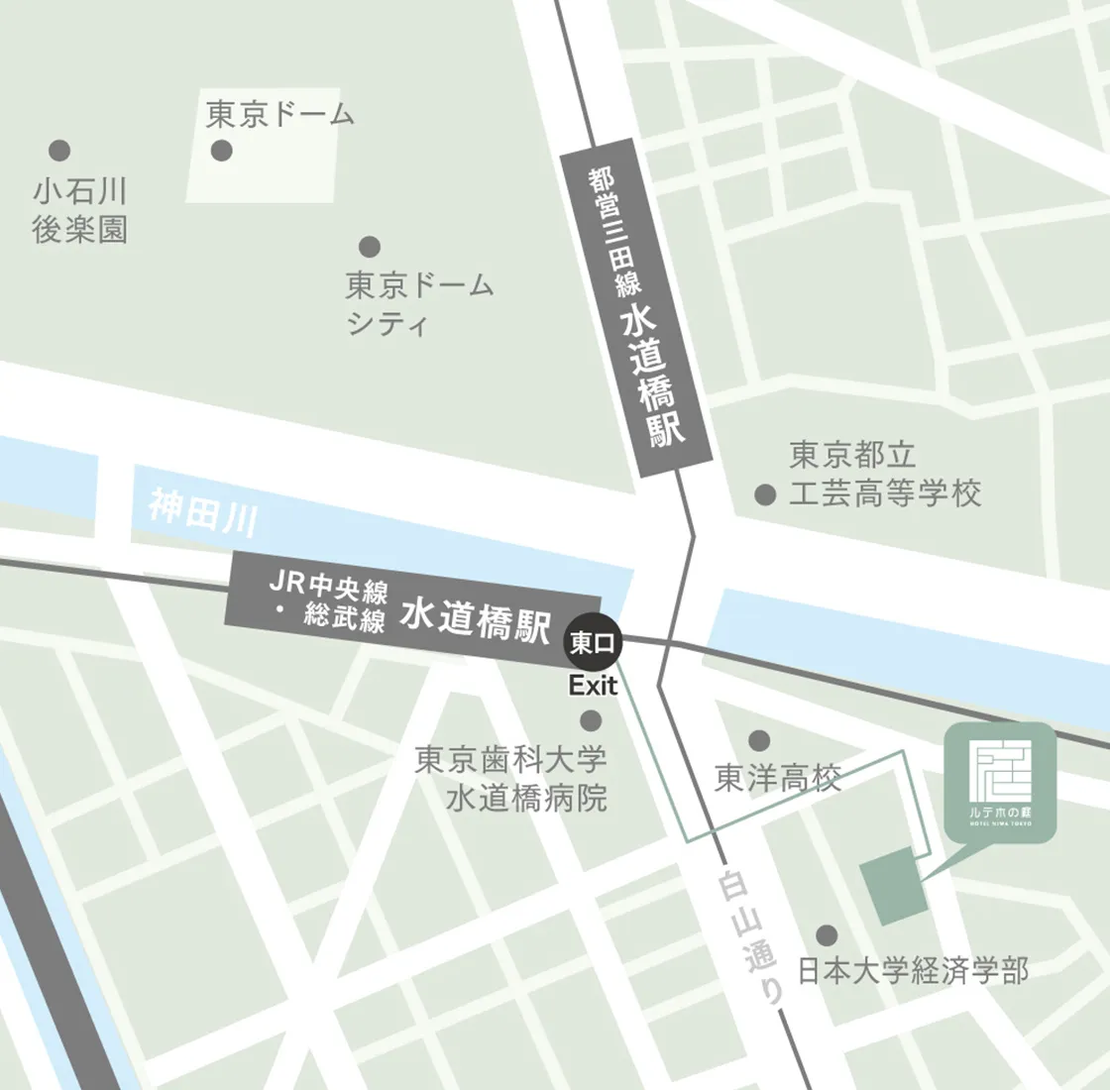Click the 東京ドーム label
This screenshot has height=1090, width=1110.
point(279,115)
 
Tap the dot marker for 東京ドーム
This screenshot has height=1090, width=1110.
point(222,151)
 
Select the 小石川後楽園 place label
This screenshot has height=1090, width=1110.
point(79,210)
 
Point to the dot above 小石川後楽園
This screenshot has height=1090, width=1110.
point(59,151)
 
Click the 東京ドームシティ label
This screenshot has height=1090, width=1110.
point(418,304)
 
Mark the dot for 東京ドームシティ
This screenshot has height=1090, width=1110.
point(370,246)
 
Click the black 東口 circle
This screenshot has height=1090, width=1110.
point(592,643)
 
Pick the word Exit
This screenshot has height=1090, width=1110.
point(593,686)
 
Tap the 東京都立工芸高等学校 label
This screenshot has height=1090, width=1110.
point(884,474)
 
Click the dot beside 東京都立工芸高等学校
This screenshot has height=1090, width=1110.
point(764,494)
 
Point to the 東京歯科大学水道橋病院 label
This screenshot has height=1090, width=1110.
point(511,779)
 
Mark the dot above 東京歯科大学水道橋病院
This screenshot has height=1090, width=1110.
point(592,720)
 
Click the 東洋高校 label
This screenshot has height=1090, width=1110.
point(778,779)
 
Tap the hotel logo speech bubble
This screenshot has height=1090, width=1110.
point(1000,779)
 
